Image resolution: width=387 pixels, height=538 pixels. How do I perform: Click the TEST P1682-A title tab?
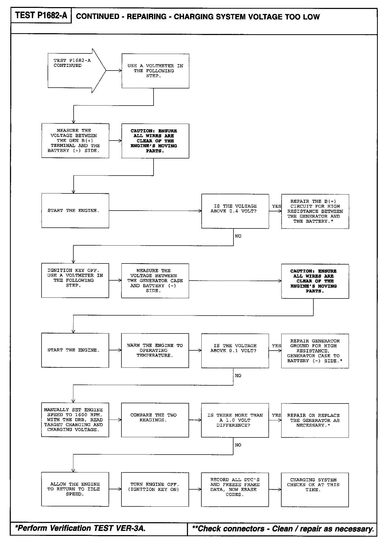tap(41, 16)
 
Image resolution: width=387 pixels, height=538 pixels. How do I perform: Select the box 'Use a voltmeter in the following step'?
tap(155, 71)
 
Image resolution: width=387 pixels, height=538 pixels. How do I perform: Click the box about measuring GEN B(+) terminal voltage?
tap(75, 141)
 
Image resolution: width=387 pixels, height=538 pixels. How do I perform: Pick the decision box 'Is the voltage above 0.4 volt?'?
tap(235, 211)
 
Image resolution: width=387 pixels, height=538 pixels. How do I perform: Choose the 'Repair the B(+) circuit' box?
tap(315, 211)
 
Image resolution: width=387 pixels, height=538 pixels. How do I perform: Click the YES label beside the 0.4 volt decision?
tap(276, 206)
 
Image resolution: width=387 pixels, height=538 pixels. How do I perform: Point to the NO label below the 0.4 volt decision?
tap(238, 236)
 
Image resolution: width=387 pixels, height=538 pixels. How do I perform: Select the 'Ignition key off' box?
tap(75, 280)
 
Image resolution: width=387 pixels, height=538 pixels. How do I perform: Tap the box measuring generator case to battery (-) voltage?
tap(155, 281)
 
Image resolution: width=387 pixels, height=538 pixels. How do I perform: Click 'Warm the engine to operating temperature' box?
tap(155, 350)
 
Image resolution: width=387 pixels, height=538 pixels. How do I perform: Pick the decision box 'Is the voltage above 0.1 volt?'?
tap(235, 351)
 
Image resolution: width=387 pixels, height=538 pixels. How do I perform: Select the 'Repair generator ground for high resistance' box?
tap(315, 351)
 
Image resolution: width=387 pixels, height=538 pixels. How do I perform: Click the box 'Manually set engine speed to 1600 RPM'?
tap(75, 420)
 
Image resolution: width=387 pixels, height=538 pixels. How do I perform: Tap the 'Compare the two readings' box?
tap(155, 420)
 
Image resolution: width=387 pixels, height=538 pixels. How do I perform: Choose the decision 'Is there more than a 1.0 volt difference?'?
tap(235, 420)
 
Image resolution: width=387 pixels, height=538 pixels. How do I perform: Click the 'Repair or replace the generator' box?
tap(315, 420)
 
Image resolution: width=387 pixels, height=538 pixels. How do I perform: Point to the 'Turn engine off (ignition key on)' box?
tap(155, 489)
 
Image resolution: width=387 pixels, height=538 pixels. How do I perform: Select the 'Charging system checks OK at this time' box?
tap(315, 489)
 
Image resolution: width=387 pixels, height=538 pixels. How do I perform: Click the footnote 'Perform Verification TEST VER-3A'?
tap(80, 528)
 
